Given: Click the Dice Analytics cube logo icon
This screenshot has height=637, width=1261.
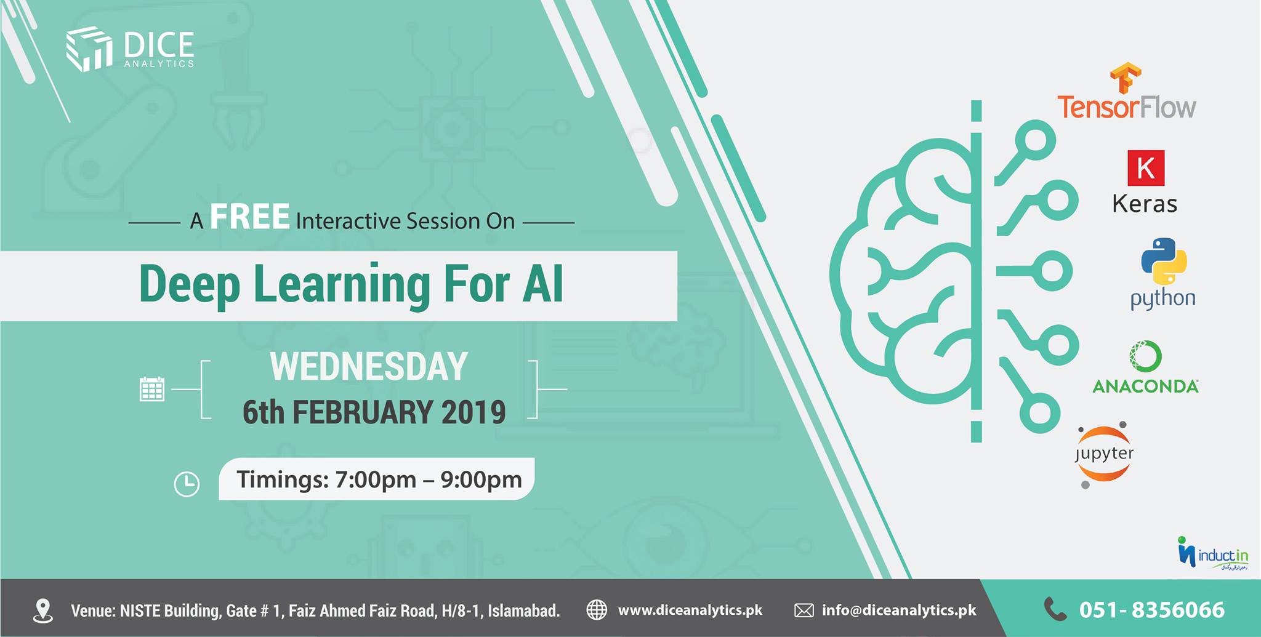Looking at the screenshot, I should (x=89, y=49).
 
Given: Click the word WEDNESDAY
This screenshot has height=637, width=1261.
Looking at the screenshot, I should (x=369, y=367).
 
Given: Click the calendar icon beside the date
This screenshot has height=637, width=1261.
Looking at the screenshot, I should (x=151, y=389).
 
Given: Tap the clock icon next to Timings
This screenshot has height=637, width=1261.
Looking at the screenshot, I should (x=187, y=484).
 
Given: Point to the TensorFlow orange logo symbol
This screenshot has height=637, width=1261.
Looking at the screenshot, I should (x=1126, y=78).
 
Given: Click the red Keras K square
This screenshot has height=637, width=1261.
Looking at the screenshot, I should (x=1146, y=167).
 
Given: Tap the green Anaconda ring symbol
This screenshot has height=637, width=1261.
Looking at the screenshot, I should (x=1145, y=356).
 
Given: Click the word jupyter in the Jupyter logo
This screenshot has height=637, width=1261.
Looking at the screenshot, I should (x=1104, y=454).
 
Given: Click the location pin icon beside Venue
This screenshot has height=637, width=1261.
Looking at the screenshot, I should (x=42, y=610).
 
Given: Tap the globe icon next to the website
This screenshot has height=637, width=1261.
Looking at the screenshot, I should (x=596, y=610).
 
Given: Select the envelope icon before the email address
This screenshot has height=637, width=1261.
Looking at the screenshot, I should (x=804, y=611).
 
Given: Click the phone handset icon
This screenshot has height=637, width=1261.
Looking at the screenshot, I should (x=1055, y=609).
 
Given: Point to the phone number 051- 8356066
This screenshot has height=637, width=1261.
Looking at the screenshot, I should (x=1151, y=610).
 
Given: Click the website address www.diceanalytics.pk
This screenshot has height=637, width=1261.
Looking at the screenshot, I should (x=690, y=610).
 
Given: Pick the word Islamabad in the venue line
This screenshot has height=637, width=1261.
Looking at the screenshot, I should (x=523, y=611).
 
